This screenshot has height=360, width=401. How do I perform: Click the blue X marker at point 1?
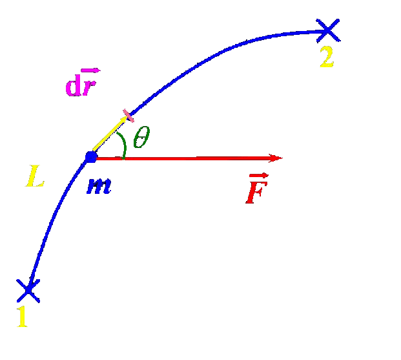[28, 290]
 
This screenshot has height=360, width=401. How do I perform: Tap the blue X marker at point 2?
[328, 28]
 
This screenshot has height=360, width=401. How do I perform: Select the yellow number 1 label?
[22, 317]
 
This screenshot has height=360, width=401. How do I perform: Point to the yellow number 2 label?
[327, 58]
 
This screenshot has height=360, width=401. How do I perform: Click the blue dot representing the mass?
[91, 156]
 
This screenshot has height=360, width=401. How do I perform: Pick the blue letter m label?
[98, 185]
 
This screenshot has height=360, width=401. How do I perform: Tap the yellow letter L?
[35, 176]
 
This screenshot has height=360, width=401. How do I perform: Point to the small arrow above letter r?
[90, 72]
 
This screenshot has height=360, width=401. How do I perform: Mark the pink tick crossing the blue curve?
[129, 116]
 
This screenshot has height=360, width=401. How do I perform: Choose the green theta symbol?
[141, 138]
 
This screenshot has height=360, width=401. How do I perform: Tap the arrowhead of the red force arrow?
[276, 158]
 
